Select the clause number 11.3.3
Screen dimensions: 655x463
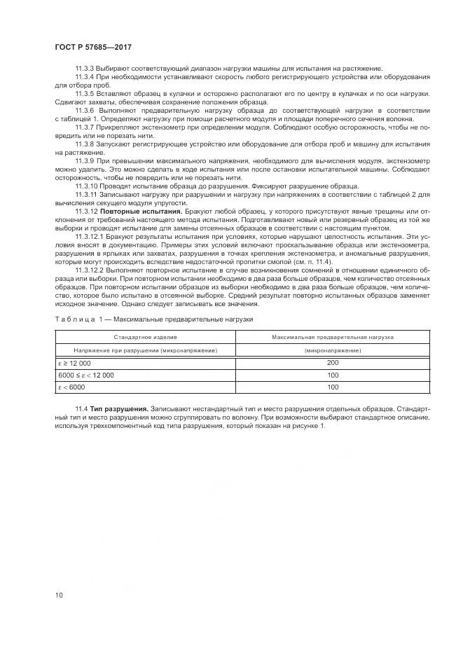click(x=85, y=67)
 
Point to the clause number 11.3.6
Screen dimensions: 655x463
click(x=85, y=111)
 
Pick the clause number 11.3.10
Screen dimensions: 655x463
click(x=87, y=185)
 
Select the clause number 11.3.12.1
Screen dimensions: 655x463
click(x=90, y=237)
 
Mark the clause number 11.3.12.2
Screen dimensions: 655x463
click(x=90, y=270)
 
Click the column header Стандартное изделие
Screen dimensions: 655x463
click(x=146, y=337)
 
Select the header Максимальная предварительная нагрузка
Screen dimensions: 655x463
click(x=333, y=337)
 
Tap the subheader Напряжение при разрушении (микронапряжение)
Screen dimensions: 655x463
click(x=146, y=350)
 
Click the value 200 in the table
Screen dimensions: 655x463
click(x=333, y=362)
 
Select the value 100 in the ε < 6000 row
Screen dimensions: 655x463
click(x=333, y=387)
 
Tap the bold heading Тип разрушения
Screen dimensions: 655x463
click(x=117, y=408)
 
